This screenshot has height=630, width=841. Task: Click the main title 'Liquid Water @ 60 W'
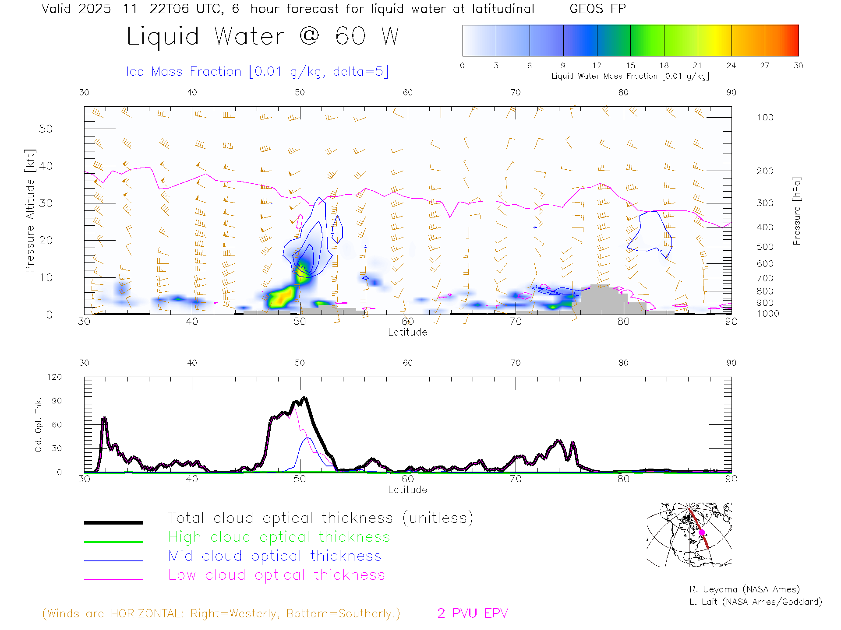pyautogui.click(x=263, y=36)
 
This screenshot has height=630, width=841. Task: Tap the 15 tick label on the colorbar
pyautogui.click(x=630, y=66)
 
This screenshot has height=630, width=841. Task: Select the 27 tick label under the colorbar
pyautogui.click(x=765, y=66)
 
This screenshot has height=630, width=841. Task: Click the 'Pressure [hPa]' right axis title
pyautogui.click(x=797, y=211)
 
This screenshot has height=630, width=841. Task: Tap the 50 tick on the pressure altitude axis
pyautogui.click(x=46, y=129)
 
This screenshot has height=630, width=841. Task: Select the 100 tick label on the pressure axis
pyautogui.click(x=765, y=117)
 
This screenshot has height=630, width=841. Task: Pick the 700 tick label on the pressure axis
pyautogui.click(x=765, y=278)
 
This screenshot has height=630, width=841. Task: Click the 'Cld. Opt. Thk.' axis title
pyautogui.click(x=39, y=424)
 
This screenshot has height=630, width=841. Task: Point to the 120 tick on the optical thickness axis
pyautogui.click(x=55, y=377)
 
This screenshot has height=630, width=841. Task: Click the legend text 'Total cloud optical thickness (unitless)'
pyautogui.click(x=320, y=518)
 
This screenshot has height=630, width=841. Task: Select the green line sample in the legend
pyautogui.click(x=113, y=542)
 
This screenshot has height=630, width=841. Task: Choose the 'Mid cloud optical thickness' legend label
pyautogui.click(x=275, y=556)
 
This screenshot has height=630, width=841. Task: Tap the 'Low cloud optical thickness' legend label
pyautogui.click(x=276, y=575)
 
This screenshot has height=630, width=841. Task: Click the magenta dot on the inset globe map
pyautogui.click(x=702, y=532)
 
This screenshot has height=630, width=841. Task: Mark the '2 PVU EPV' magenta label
pyautogui.click(x=472, y=613)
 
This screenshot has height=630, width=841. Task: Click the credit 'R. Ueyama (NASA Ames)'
pyautogui.click(x=744, y=589)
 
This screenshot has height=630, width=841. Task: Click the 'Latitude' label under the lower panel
pyautogui.click(x=407, y=490)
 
